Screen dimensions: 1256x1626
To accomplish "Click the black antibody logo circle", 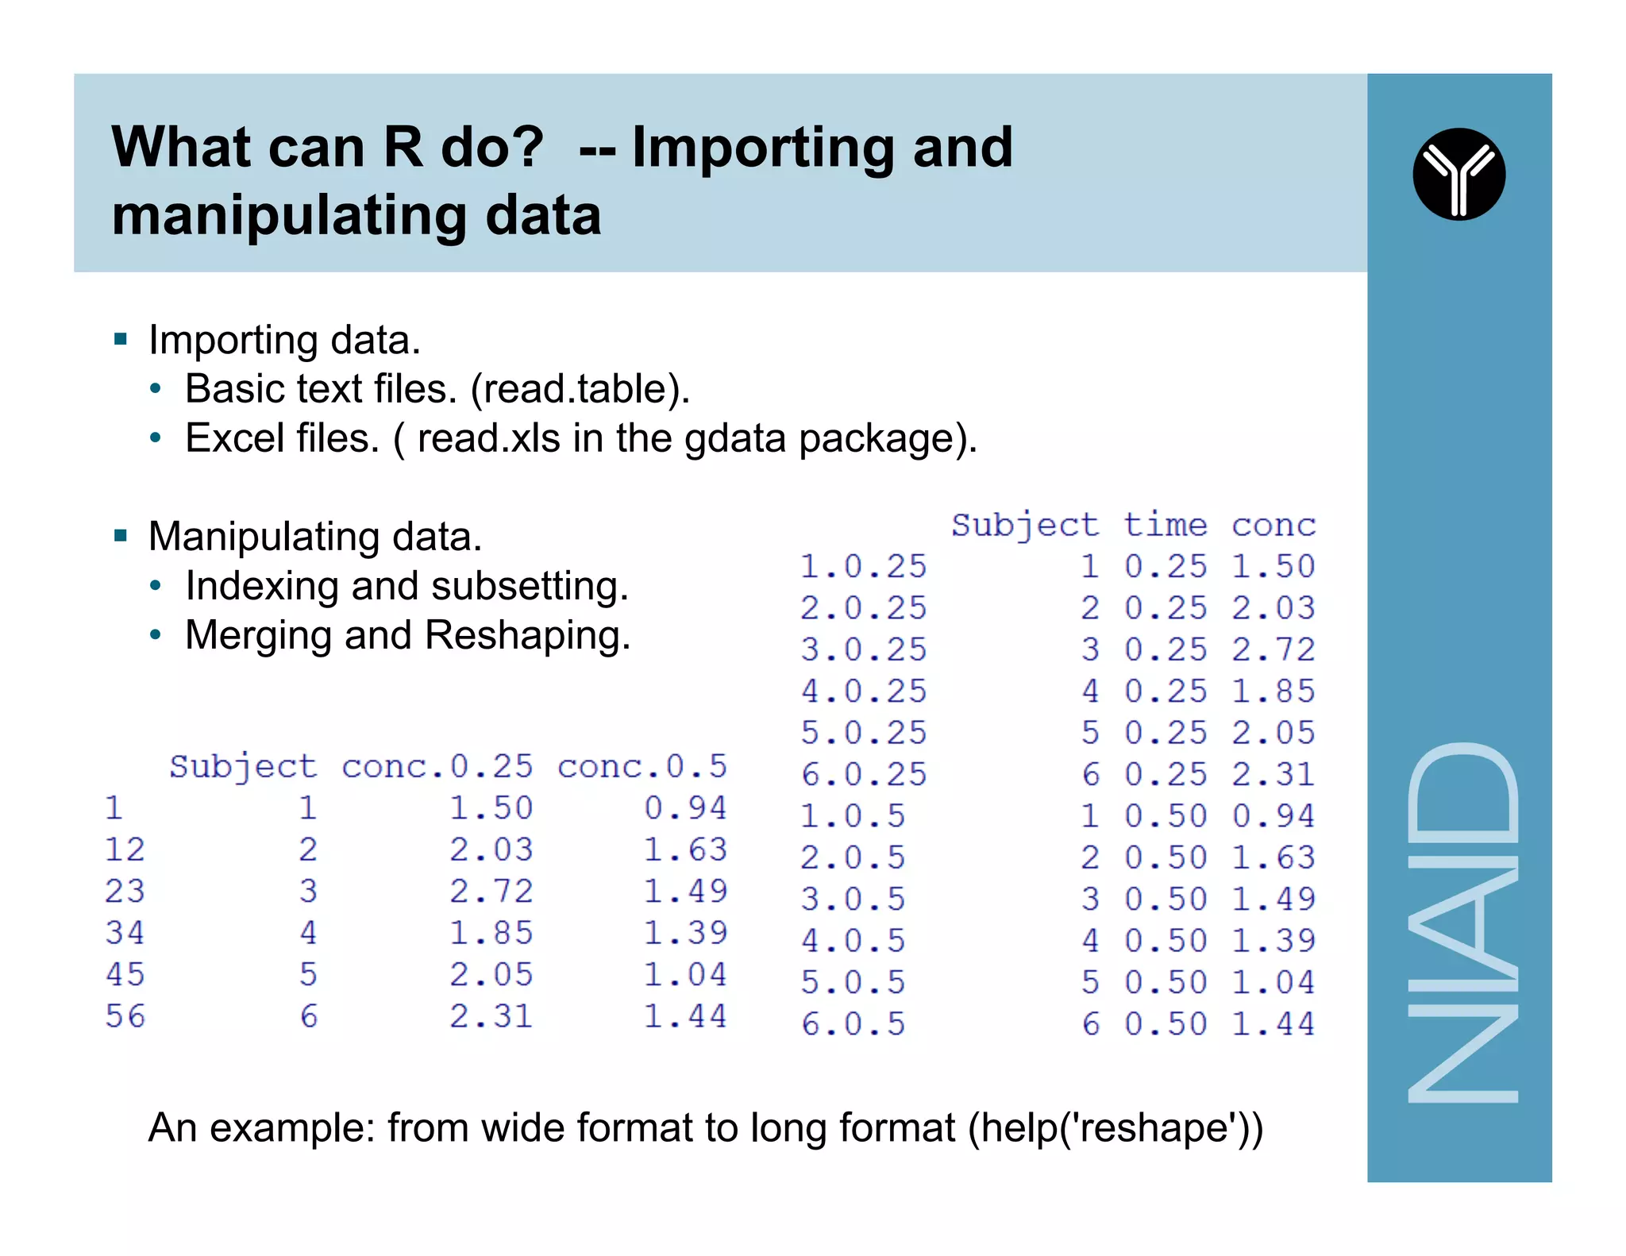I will click(x=1458, y=174).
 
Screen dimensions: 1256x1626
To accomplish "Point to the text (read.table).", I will click(x=580, y=389).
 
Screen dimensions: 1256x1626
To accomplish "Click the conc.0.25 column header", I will click(x=437, y=767).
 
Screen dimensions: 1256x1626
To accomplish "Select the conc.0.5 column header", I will click(x=642, y=767).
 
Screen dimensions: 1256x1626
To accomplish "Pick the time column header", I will click(x=1165, y=526).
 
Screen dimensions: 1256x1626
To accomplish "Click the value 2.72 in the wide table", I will click(x=491, y=892).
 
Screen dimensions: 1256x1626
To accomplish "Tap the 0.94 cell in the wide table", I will click(x=685, y=808).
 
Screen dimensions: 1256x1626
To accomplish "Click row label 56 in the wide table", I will click(x=125, y=1016).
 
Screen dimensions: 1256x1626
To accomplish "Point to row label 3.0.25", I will click(x=863, y=650).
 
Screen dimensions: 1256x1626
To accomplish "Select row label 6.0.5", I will click(x=853, y=1024).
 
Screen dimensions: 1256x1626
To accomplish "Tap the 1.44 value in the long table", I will click(x=1273, y=1024).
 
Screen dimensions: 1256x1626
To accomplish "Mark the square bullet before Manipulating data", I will click(x=121, y=536).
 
